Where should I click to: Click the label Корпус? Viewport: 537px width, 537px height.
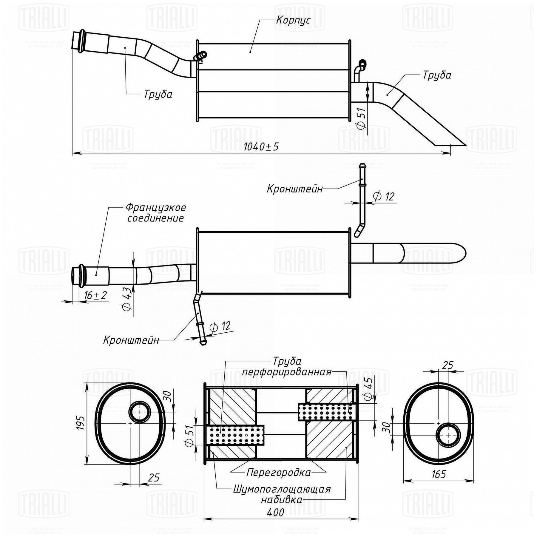tap(293, 20)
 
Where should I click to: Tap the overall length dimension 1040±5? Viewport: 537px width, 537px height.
tap(261, 147)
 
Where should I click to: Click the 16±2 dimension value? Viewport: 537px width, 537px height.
tap(95, 295)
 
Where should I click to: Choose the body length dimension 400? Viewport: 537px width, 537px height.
tap(275, 512)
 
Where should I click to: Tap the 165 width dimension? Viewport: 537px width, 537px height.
tap(438, 482)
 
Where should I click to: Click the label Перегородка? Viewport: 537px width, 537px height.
tap(278, 473)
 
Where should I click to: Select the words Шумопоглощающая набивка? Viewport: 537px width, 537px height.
tap(282, 494)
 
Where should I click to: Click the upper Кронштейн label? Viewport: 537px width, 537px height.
tap(294, 189)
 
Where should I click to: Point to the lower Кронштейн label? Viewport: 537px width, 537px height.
tap(131, 340)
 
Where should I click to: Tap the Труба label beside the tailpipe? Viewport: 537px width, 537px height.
tap(437, 75)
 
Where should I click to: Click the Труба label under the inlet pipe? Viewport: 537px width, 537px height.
tap(158, 94)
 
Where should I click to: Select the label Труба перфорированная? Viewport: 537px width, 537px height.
tap(287, 366)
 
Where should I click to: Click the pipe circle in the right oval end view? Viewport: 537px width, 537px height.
tap(448, 435)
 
